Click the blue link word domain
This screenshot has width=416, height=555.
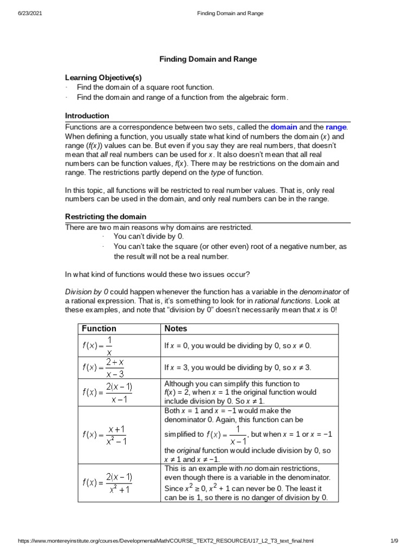click(x=284, y=127)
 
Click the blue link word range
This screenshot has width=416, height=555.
click(x=335, y=127)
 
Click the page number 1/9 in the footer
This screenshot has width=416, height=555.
click(x=394, y=541)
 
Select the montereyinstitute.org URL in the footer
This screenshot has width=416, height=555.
click(x=166, y=541)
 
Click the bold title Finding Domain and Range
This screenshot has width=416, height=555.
click(x=208, y=59)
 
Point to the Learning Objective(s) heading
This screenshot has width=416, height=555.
click(x=103, y=78)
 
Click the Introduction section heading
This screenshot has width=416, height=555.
click(x=87, y=115)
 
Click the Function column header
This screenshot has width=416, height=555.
click(x=99, y=328)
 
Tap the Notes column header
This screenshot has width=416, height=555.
click(x=175, y=328)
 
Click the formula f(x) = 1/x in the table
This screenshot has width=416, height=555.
click(x=97, y=345)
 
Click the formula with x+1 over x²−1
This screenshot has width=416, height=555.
click(x=105, y=434)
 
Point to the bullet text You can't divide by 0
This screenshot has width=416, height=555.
click(x=149, y=236)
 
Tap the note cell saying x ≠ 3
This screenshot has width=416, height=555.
click(x=238, y=367)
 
